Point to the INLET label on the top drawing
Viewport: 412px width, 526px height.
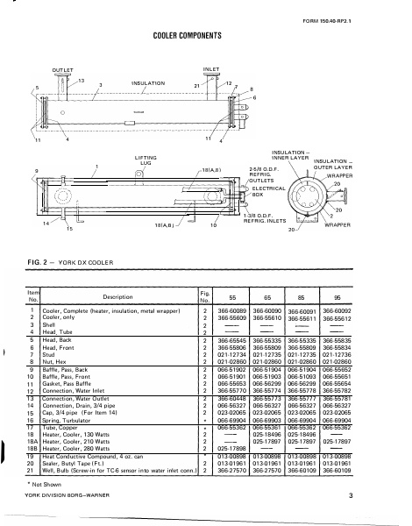click(211, 67)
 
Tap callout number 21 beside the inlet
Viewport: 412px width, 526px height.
click(196, 86)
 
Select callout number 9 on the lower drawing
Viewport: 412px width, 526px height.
click(36, 169)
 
